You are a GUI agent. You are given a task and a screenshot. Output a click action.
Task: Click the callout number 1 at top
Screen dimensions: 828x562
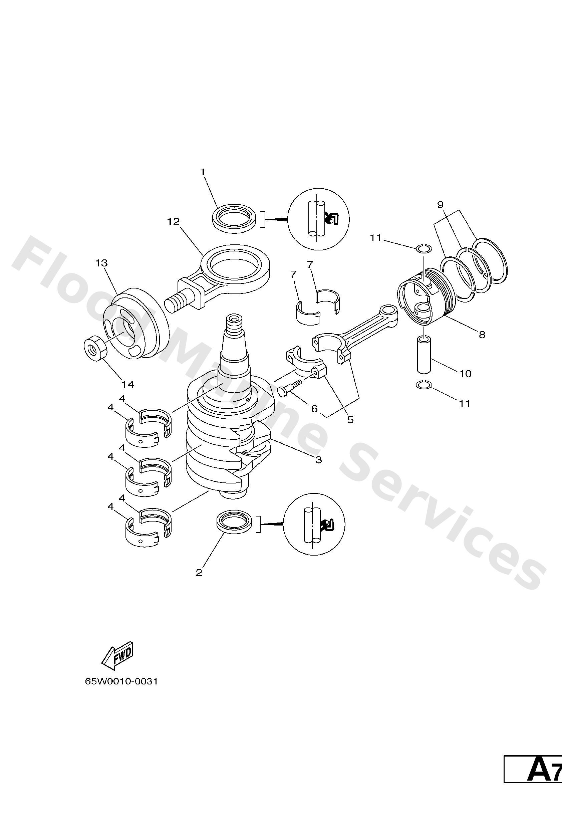click(x=203, y=172)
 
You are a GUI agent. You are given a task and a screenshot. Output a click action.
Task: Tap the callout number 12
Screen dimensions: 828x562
click(x=174, y=222)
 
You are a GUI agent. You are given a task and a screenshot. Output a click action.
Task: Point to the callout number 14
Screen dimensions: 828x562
click(x=128, y=384)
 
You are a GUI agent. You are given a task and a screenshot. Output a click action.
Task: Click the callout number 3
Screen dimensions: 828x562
click(x=318, y=460)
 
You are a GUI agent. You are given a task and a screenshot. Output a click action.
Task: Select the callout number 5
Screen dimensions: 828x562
click(x=350, y=420)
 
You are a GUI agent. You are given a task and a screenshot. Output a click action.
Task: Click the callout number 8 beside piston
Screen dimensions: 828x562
click(x=482, y=335)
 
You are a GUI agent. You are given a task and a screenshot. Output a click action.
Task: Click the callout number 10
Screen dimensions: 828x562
click(x=466, y=373)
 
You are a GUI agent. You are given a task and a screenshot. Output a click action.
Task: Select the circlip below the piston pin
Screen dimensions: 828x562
click(x=424, y=385)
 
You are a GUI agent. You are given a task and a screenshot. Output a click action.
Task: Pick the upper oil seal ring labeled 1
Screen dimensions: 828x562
click(x=235, y=218)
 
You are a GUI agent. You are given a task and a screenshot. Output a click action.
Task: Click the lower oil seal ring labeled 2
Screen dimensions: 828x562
click(x=235, y=524)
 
